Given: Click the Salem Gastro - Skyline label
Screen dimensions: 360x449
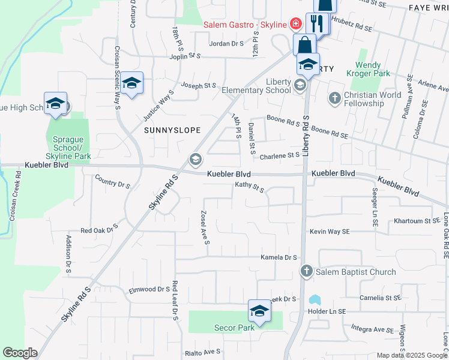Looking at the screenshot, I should (245, 25).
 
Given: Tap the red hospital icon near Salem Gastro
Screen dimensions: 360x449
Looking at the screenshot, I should (295, 25).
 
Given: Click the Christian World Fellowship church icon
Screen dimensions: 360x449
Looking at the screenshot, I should (334, 97).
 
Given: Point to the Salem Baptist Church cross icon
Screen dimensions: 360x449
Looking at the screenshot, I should (306, 272).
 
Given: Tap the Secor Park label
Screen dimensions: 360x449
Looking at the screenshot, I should (234, 328).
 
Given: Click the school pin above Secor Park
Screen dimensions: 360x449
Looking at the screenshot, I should (259, 312).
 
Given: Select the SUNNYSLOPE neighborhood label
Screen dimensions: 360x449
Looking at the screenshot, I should (172, 130).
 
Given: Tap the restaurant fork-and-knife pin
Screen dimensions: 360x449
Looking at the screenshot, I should (318, 25).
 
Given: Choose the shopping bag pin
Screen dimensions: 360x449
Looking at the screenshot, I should (305, 45).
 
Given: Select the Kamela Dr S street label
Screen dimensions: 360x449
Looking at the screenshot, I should (279, 257).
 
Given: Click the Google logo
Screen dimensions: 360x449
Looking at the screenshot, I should (20, 353).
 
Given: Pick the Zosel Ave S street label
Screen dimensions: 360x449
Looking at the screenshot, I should (205, 227).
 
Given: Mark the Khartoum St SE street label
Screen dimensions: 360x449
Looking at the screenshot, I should (417, 221).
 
